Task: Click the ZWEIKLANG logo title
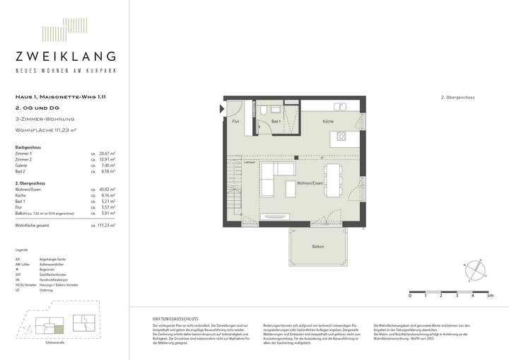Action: [x=65, y=57]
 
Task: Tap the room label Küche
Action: [x=328, y=122]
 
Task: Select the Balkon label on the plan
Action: [x=318, y=246]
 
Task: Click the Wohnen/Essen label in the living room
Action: [x=312, y=183]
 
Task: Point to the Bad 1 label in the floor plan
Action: [x=276, y=122]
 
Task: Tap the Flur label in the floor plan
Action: [x=236, y=122]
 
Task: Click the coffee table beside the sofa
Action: [x=291, y=190]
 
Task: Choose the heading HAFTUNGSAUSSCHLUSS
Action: [x=168, y=318]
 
